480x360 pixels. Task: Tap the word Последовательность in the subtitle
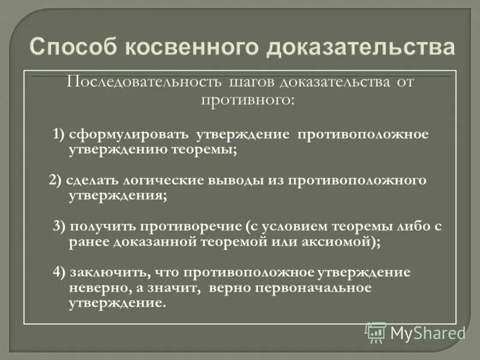pos(145,82)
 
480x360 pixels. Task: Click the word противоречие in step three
pos(191,226)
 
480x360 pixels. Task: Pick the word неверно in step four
pos(96,288)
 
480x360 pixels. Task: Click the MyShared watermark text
pos(428,332)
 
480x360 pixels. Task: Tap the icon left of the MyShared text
pos(376,332)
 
